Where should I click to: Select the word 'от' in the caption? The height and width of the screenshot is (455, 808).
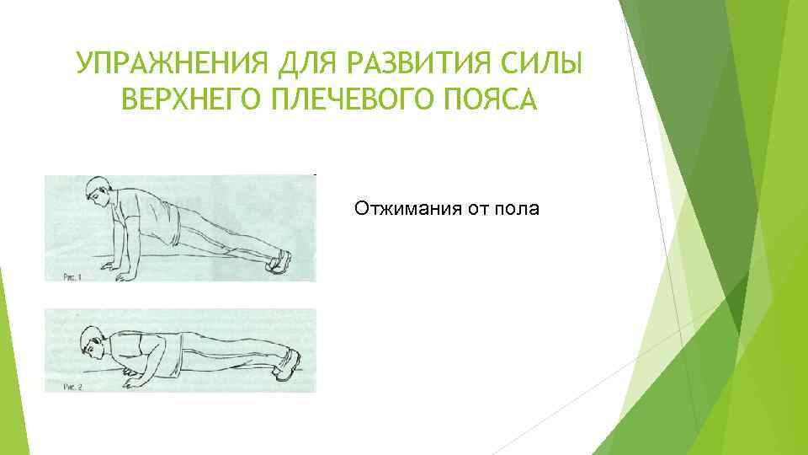pos(478,208)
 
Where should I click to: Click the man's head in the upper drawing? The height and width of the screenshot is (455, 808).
pos(97,193)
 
